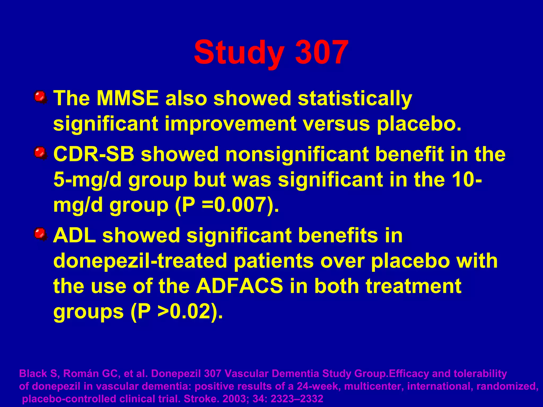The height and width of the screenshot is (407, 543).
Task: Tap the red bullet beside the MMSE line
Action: (x=40, y=97)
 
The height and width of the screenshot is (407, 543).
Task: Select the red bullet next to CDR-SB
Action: (x=40, y=153)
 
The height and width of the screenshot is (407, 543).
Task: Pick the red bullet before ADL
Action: (x=40, y=234)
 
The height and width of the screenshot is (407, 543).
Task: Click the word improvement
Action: (x=230, y=124)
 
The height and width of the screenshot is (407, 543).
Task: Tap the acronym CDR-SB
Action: (x=94, y=154)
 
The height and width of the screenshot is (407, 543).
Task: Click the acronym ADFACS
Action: (x=239, y=286)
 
